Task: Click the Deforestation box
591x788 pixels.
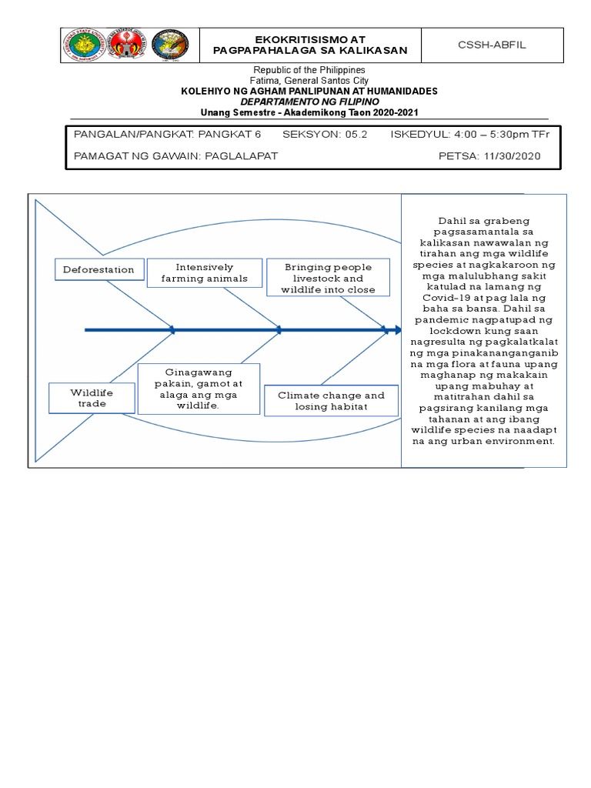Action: pyautogui.click(x=98, y=269)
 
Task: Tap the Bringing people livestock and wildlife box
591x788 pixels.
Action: pyautogui.click(x=328, y=278)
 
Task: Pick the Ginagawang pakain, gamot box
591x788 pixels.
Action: pyautogui.click(x=199, y=389)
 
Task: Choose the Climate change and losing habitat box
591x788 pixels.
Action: pyautogui.click(x=331, y=401)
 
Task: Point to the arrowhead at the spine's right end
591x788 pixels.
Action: pyautogui.click(x=398, y=330)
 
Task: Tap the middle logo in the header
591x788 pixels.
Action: pyautogui.click(x=126, y=45)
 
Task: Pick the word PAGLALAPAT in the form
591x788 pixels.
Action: pyautogui.click(x=239, y=155)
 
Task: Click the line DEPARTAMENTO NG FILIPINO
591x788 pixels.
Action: pyautogui.click(x=309, y=102)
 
